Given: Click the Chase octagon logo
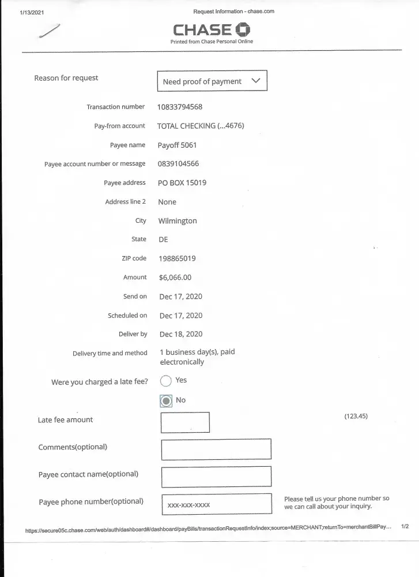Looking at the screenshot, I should (x=243, y=30).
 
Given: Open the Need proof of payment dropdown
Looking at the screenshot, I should (x=212, y=81).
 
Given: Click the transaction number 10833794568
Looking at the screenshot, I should (x=180, y=107).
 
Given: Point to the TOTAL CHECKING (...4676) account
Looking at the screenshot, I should (x=201, y=126).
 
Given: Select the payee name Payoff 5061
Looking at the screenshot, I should (x=177, y=145).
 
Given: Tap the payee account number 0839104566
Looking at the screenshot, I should (x=178, y=164).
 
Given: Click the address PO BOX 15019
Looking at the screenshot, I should (x=182, y=183).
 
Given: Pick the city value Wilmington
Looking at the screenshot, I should (x=178, y=221).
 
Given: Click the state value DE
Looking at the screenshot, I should (x=163, y=239).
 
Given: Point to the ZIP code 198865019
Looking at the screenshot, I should (x=177, y=258).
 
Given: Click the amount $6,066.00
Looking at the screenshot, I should (x=175, y=278).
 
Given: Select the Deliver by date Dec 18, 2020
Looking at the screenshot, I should (x=180, y=334).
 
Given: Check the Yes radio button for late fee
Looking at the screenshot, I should (x=166, y=380).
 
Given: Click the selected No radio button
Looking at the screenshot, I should (x=166, y=400).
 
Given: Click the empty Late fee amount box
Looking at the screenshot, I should (x=185, y=422).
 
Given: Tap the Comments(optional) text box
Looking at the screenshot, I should (x=216, y=449).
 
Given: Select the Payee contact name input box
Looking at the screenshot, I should (x=216, y=477).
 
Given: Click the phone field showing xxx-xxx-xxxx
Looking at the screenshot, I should (x=216, y=504).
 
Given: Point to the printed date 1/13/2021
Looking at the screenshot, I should (x=31, y=12).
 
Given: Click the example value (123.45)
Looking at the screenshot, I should (x=356, y=416).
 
